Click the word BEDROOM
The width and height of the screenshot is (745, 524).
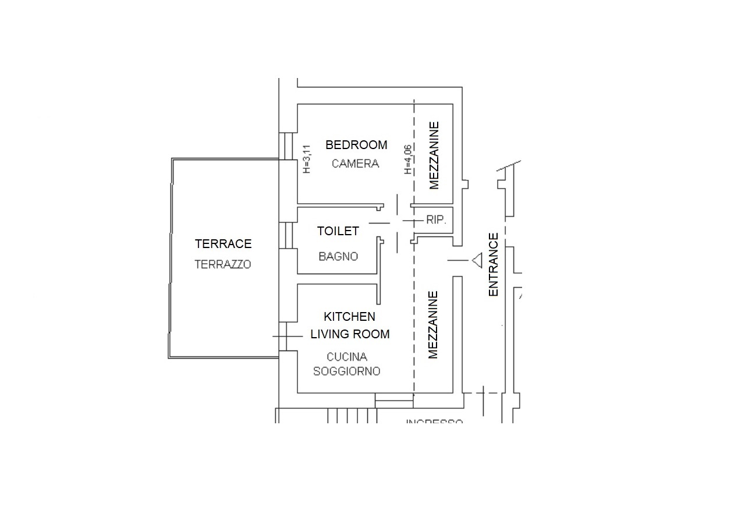[356, 145]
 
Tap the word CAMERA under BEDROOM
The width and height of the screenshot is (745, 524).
[355, 164]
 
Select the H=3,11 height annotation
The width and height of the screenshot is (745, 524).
[308, 159]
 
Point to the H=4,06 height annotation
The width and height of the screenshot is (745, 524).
[408, 159]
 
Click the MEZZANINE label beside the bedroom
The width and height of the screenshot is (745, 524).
[434, 155]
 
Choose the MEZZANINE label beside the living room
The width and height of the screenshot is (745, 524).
[433, 325]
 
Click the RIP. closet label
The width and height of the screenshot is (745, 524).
[436, 220]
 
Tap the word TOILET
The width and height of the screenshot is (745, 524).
[338, 231]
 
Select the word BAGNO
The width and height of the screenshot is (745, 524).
[338, 256]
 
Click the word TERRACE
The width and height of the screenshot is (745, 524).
[223, 244]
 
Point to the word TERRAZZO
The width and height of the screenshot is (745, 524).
[223, 264]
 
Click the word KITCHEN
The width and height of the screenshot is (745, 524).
[349, 317]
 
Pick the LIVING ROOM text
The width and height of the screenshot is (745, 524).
[350, 334]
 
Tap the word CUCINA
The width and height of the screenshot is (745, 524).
[347, 357]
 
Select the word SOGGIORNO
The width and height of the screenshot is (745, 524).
[347, 371]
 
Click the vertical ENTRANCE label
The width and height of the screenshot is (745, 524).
[494, 265]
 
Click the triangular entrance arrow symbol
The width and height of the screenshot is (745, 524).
[477, 260]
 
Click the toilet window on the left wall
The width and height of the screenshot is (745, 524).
[286, 235]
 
